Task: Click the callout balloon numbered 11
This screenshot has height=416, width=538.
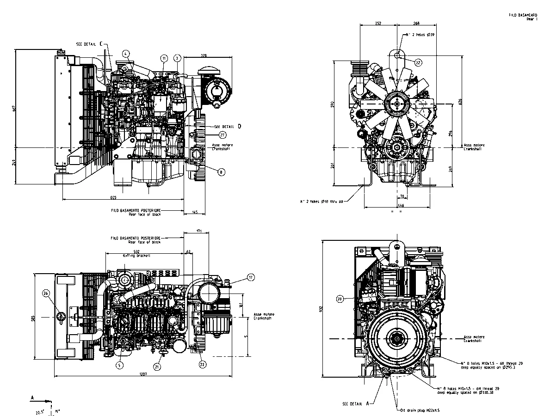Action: click(x=164, y=58)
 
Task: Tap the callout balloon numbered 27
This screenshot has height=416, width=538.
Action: click(x=223, y=135)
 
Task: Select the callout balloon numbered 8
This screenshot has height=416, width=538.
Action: click(x=222, y=171)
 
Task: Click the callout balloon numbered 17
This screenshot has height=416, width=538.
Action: click(x=251, y=277)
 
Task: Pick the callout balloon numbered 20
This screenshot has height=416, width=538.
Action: click(x=340, y=299)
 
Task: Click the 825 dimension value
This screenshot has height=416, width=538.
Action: click(x=113, y=197)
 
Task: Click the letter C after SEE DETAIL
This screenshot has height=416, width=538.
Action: click(x=101, y=43)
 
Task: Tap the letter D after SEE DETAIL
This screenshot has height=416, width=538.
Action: click(x=239, y=125)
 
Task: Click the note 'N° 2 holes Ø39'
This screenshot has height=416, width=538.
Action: click(x=420, y=35)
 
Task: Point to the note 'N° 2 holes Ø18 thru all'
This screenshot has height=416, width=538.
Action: click(x=322, y=201)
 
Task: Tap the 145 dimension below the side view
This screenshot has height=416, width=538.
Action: click(x=195, y=212)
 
